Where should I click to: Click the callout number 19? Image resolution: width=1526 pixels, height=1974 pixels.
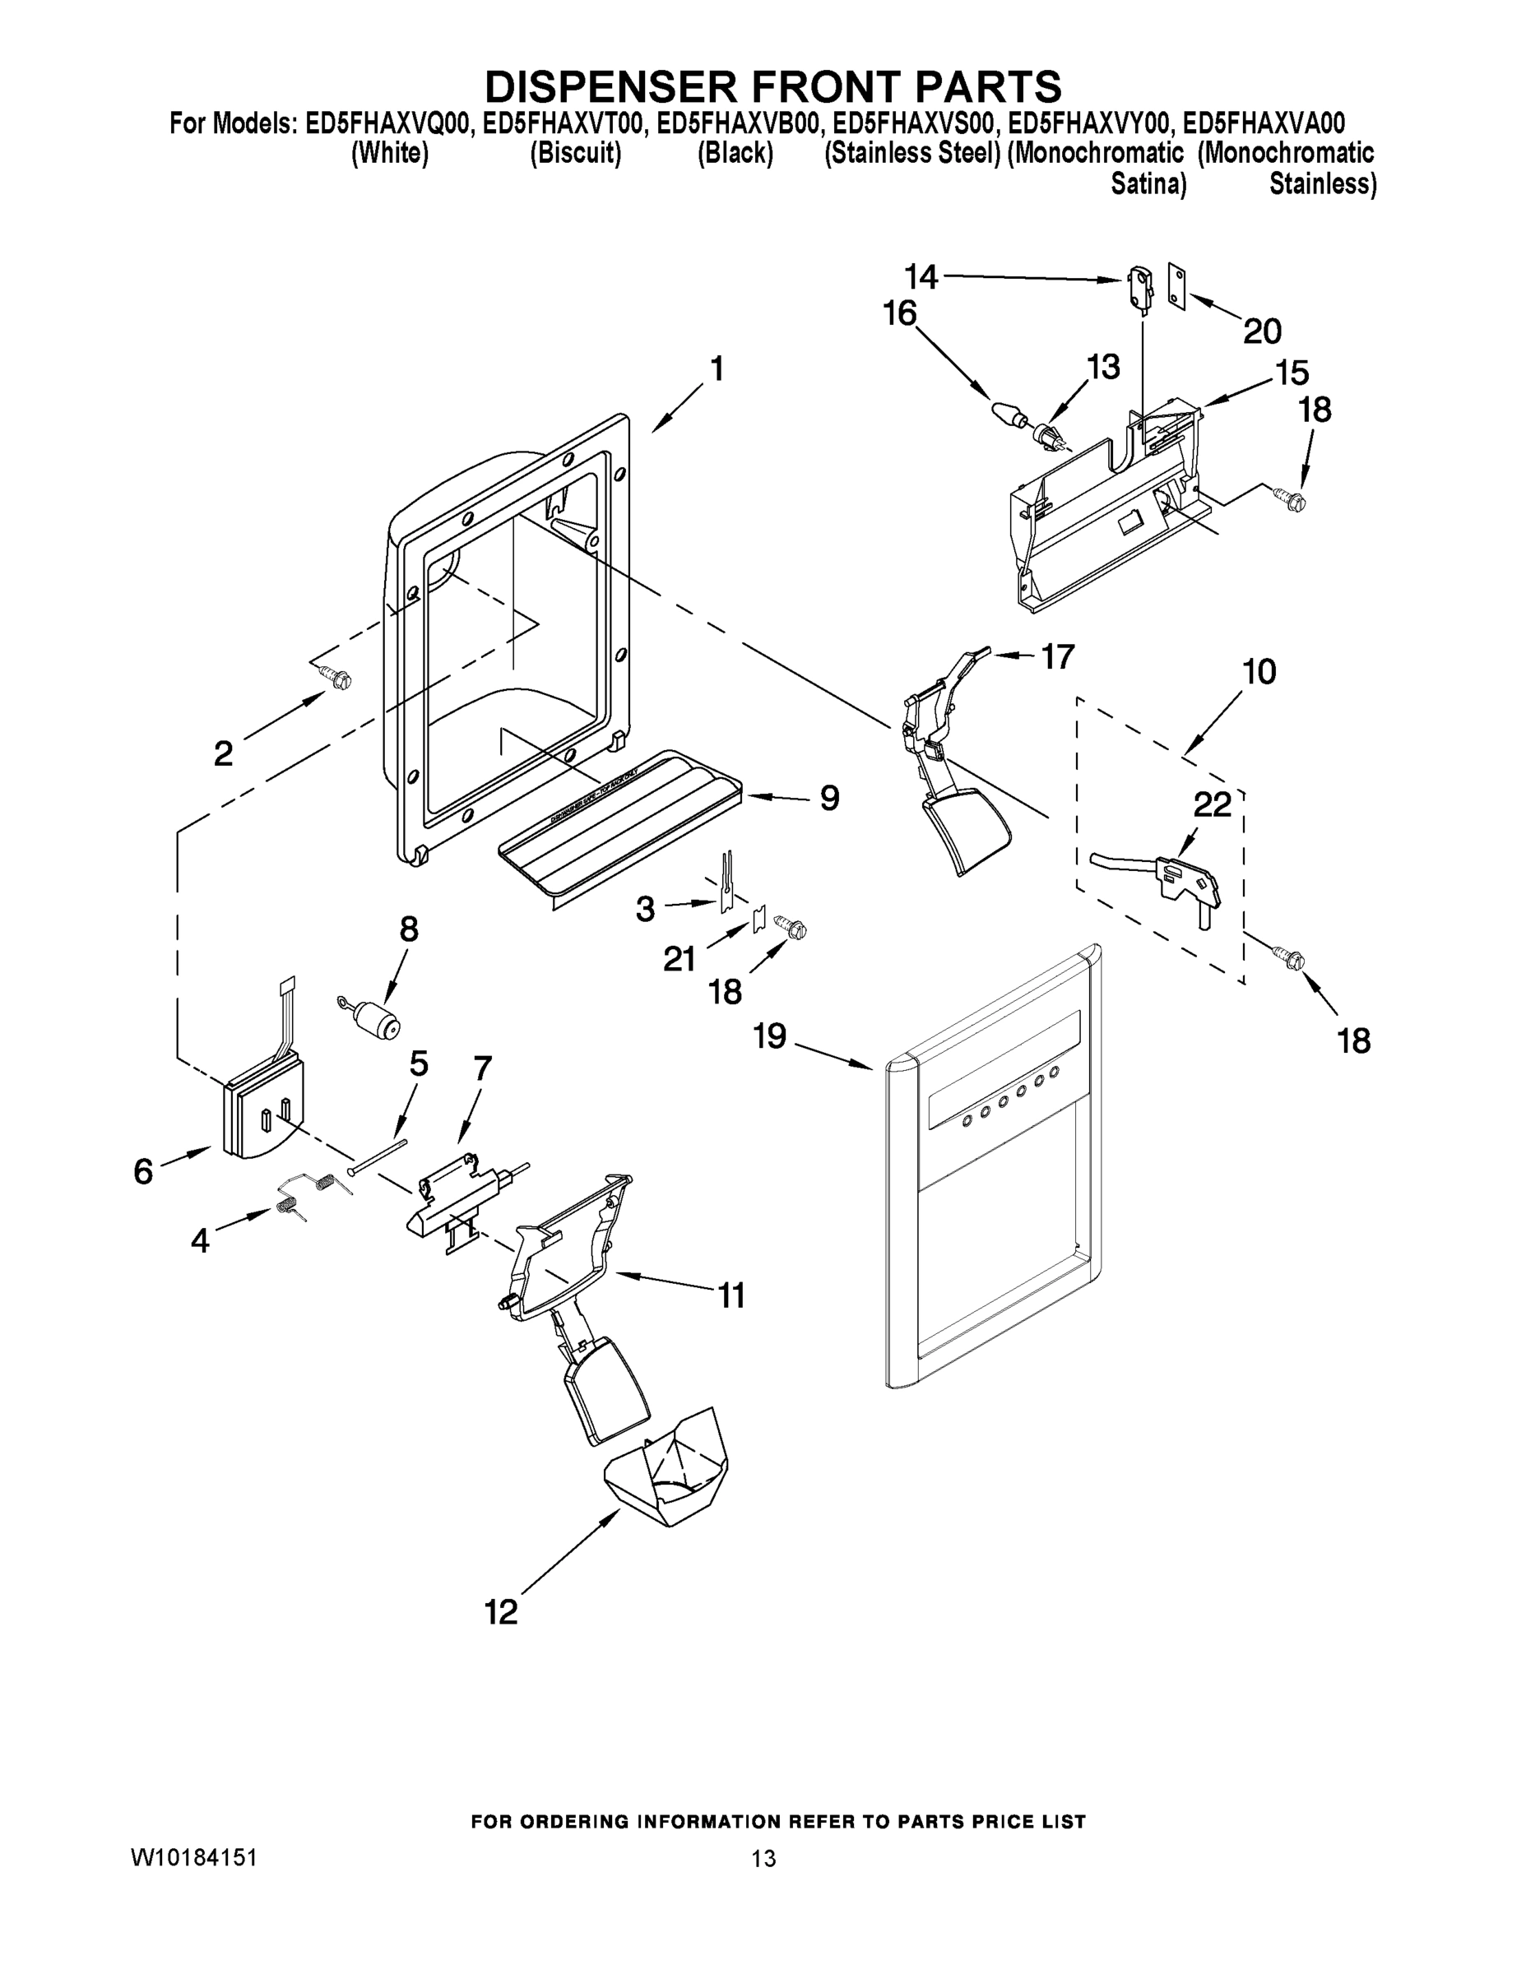(x=770, y=1036)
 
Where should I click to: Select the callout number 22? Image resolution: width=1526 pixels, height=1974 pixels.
(x=1213, y=804)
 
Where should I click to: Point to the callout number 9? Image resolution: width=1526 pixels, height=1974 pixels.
(x=829, y=797)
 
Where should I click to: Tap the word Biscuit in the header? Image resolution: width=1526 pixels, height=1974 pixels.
(x=576, y=154)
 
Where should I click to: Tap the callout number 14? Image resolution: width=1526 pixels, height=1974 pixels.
(x=922, y=275)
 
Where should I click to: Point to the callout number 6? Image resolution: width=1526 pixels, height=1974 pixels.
(x=143, y=1171)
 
